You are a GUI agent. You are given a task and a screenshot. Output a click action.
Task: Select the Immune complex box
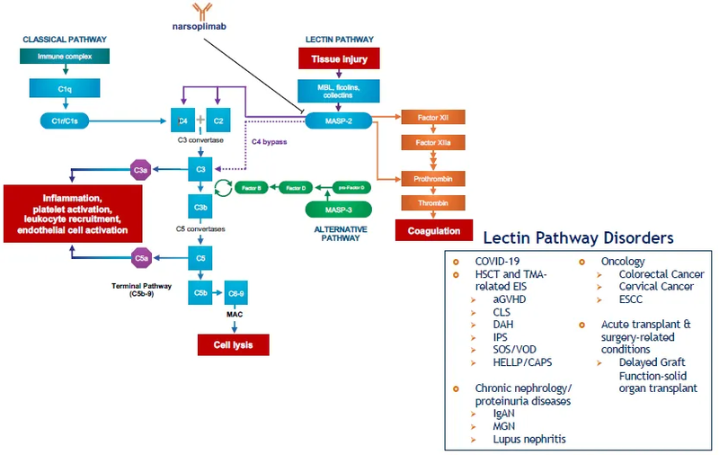64,57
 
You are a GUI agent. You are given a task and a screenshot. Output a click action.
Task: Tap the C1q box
64,88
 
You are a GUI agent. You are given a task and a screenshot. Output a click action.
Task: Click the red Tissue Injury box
340,58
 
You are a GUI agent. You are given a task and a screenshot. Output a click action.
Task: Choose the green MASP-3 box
339,210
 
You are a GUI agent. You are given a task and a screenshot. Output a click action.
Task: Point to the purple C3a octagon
141,169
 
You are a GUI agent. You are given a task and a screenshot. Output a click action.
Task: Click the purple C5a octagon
141,259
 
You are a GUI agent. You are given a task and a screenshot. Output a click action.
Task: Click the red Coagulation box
433,230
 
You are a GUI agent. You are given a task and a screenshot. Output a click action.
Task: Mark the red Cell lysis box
233,344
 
